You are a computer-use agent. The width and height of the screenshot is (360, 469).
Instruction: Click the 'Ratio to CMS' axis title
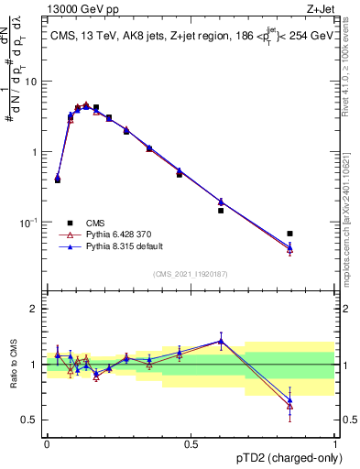pos(12,365)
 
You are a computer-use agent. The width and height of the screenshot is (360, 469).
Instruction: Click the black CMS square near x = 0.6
pos(221,211)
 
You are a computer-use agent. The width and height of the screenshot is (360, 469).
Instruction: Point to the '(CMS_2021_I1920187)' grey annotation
pos(191,274)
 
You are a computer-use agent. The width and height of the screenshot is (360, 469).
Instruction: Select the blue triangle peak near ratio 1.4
pos(221,341)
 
